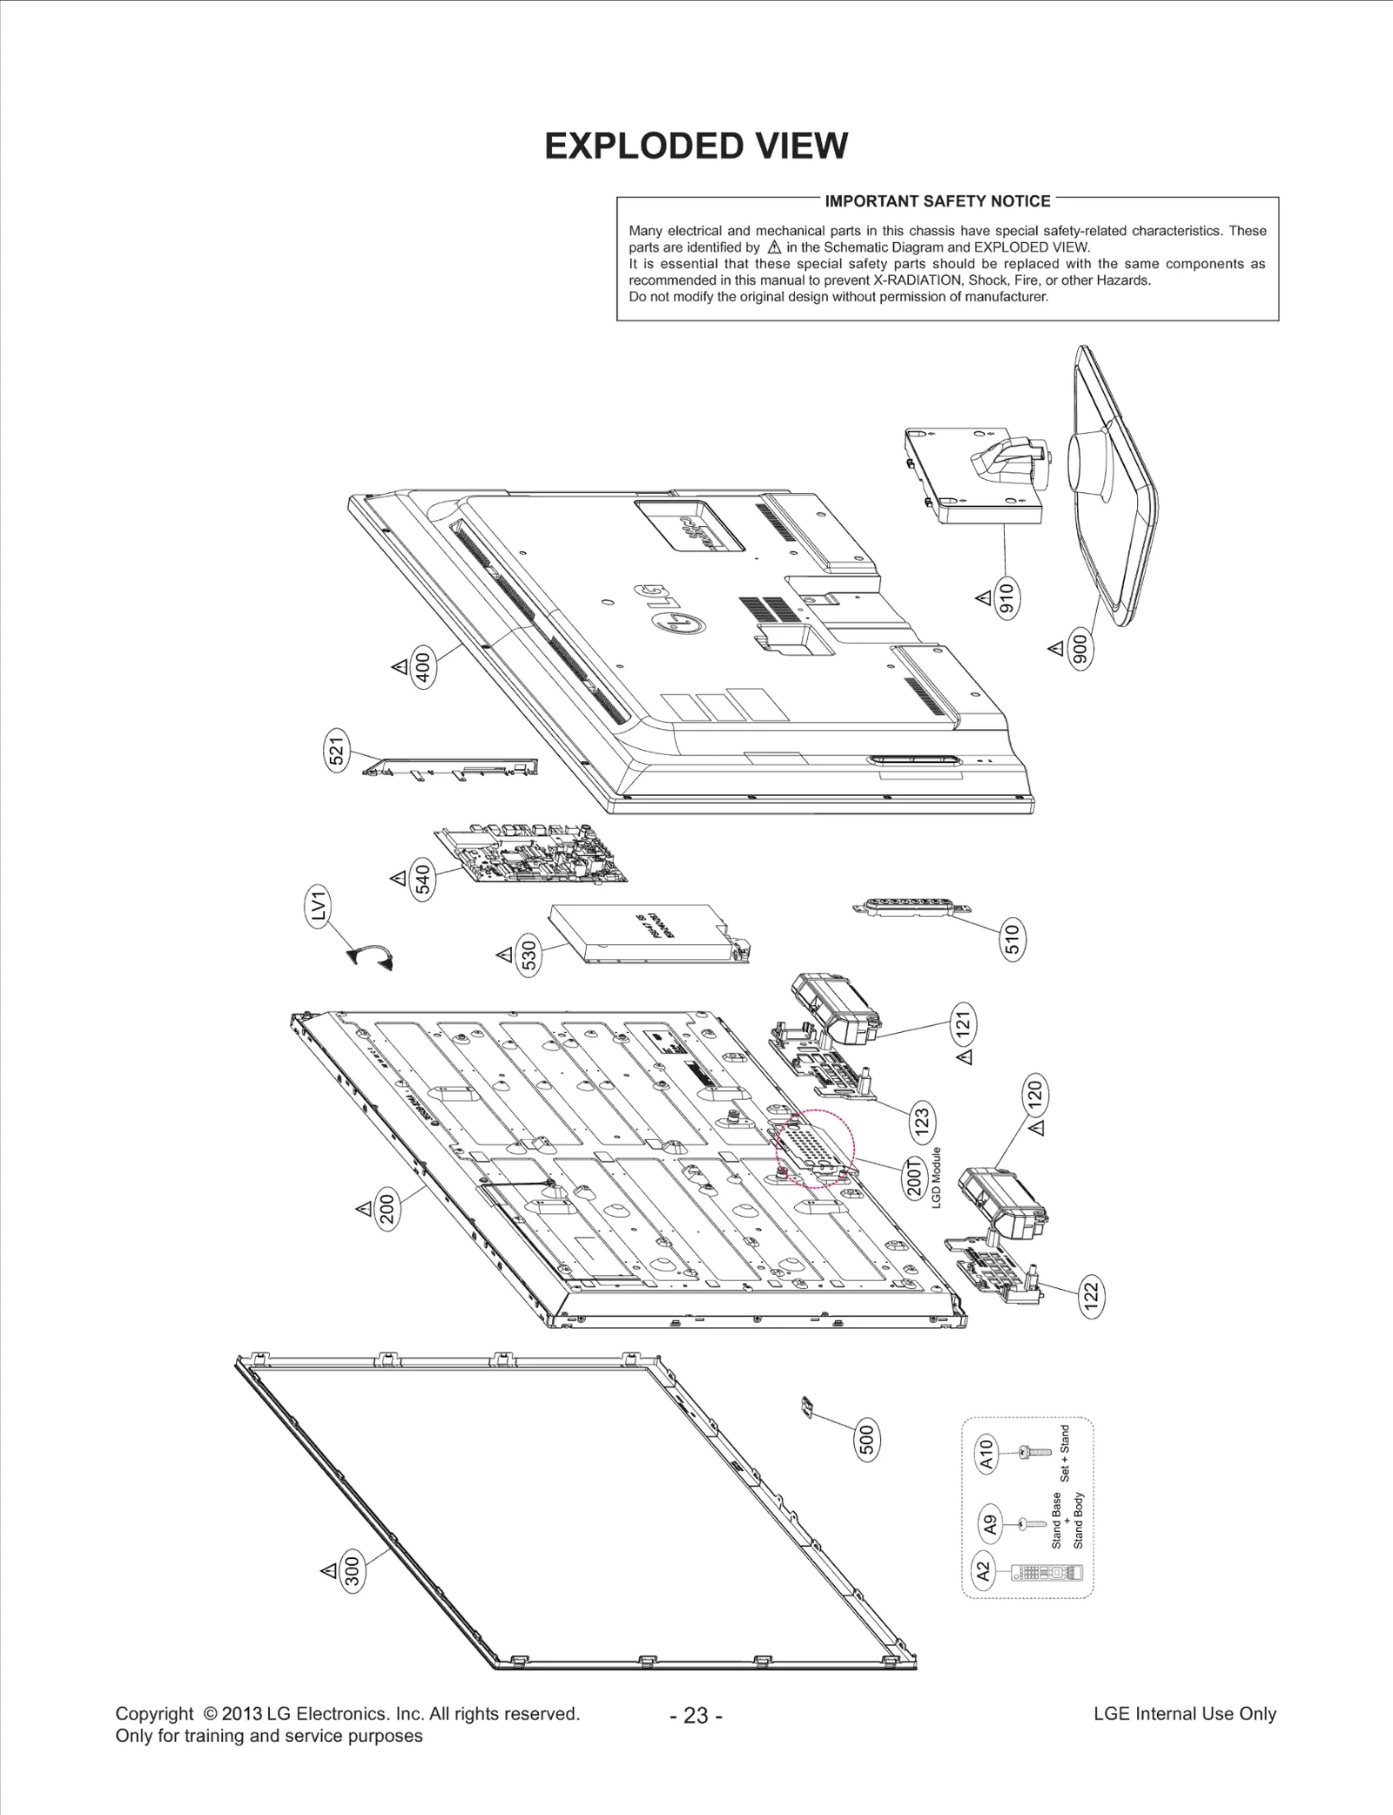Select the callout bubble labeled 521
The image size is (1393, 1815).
(337, 750)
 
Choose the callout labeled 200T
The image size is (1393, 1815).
(914, 1177)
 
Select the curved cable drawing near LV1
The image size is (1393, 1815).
(372, 957)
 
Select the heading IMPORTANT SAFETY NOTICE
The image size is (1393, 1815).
(938, 201)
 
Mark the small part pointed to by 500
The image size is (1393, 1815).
(807, 1405)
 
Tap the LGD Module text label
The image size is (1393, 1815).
(938, 1177)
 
